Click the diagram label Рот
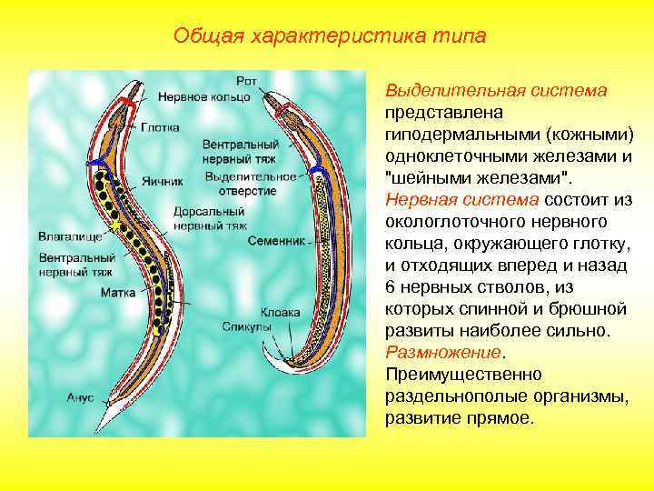click(246, 81)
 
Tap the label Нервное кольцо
click(203, 95)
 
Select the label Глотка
click(160, 127)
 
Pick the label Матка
click(118, 293)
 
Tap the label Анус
click(81, 398)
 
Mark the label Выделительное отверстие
click(240, 183)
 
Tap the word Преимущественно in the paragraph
click(463, 374)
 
